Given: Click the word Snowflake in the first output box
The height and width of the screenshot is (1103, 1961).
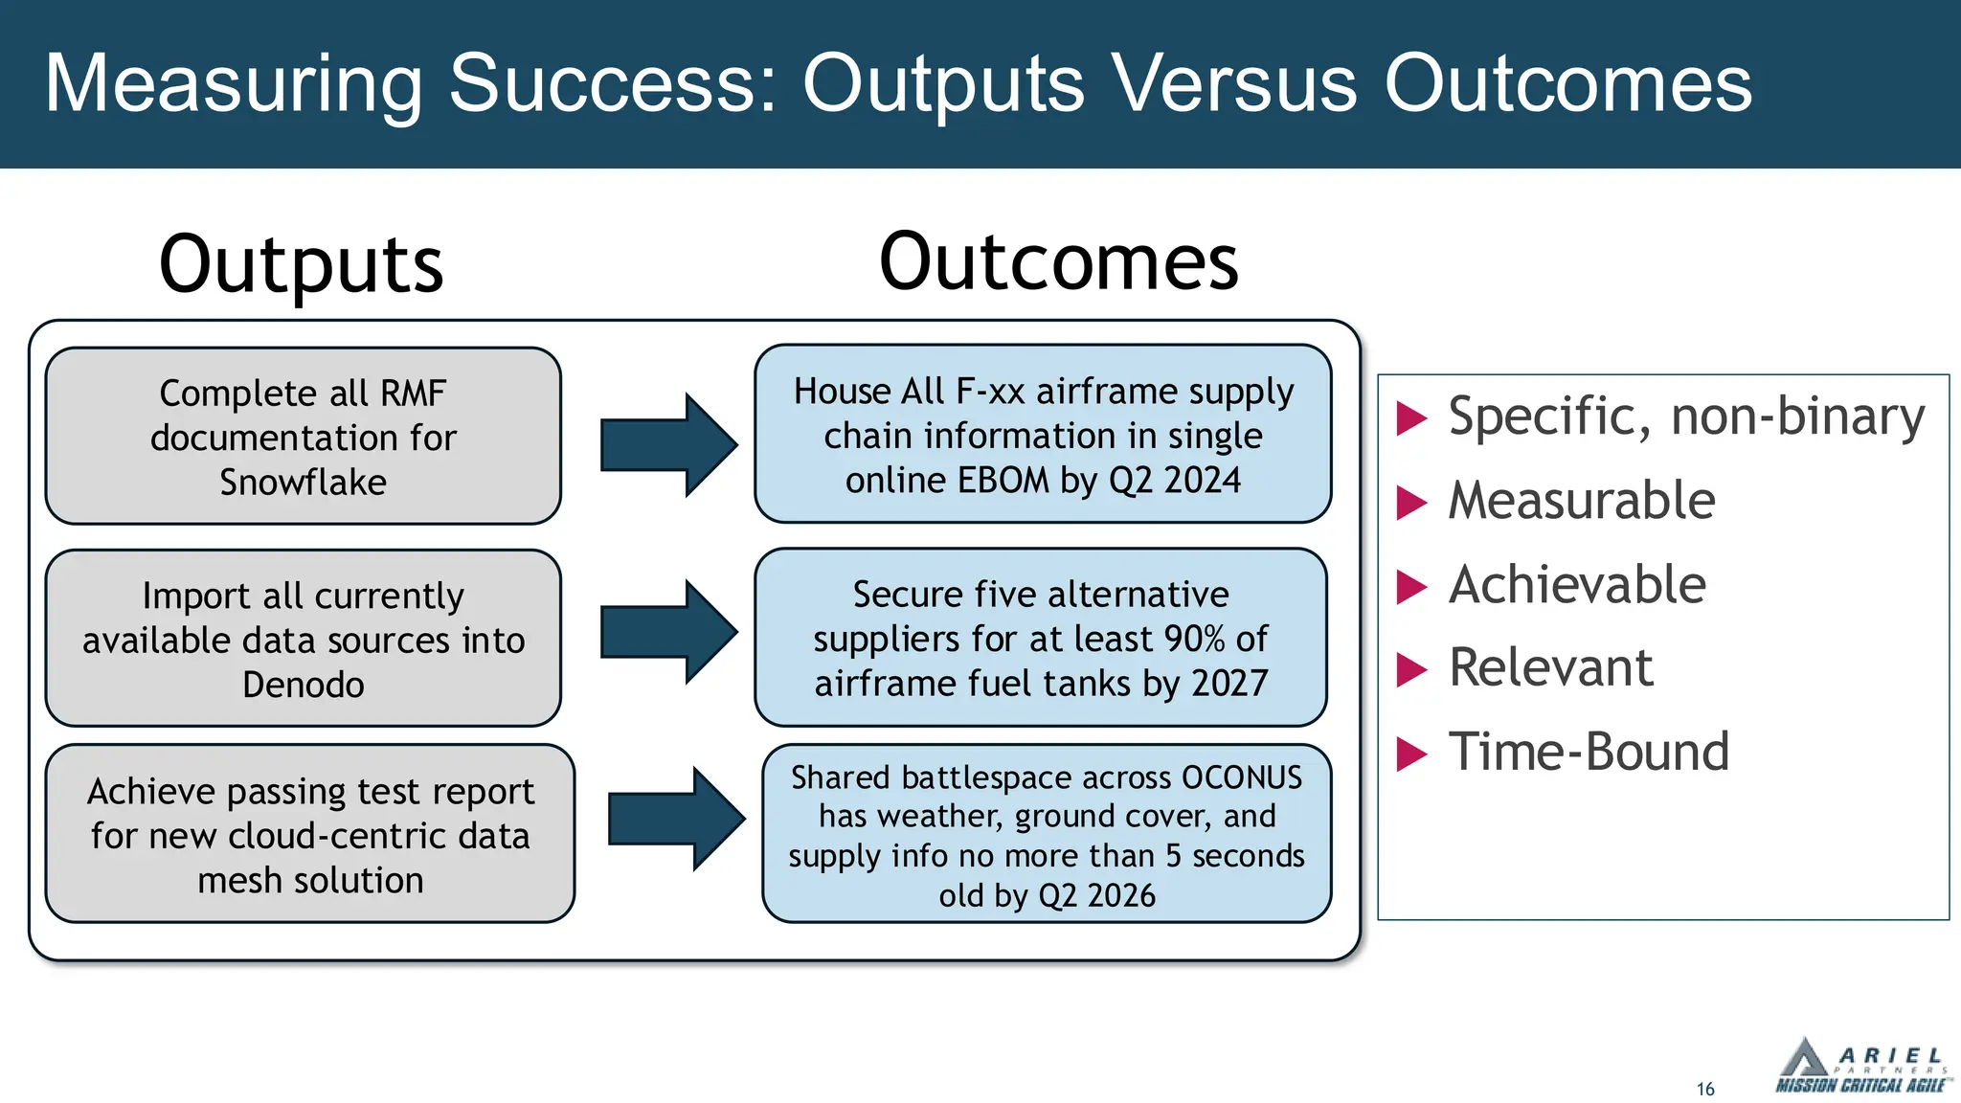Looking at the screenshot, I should tap(303, 483).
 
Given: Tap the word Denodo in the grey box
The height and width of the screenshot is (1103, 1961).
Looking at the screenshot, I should tap(303, 686).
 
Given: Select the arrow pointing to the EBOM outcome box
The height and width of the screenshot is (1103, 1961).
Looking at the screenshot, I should tap(668, 445).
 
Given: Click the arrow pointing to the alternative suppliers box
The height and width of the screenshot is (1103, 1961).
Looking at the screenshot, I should tap(668, 632).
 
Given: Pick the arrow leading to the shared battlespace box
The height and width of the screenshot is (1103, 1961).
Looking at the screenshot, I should tap(676, 819).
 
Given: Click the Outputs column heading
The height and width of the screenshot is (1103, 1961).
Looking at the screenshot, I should tap(301, 264).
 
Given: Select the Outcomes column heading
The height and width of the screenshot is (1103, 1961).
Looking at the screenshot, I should tap(1058, 262).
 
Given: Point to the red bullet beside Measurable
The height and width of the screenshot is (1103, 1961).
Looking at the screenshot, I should tap(1411, 503).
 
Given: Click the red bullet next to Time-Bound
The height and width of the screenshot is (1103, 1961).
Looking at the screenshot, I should tap(1411, 754).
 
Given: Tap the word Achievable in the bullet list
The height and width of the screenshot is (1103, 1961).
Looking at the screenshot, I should tap(1577, 585).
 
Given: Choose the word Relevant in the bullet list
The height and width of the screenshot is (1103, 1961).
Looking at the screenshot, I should tap(1550, 668).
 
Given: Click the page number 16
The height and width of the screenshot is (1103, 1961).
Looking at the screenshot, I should tap(1705, 1089).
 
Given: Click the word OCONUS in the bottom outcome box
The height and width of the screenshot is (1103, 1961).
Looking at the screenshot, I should tap(1242, 777).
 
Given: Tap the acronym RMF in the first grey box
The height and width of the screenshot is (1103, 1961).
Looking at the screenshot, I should tap(413, 394).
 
